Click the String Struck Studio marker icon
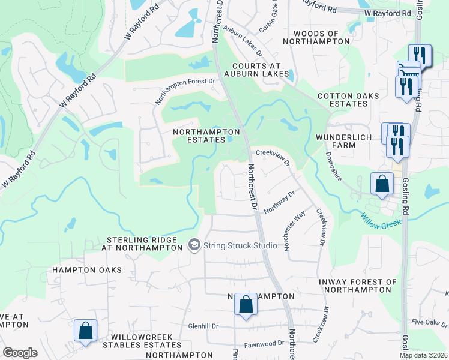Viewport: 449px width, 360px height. pyautogui.click(x=194, y=245)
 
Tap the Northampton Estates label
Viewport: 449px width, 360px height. pyautogui.click(x=206, y=136)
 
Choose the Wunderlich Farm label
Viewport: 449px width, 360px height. pyautogui.click(x=345, y=142)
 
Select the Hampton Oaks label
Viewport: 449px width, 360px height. pyautogui.click(x=87, y=270)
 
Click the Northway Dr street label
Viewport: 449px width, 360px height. pyautogui.click(x=280, y=202)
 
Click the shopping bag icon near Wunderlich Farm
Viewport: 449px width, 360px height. pyautogui.click(x=382, y=185)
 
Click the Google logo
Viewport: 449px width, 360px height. pyautogui.click(x=20, y=353)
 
